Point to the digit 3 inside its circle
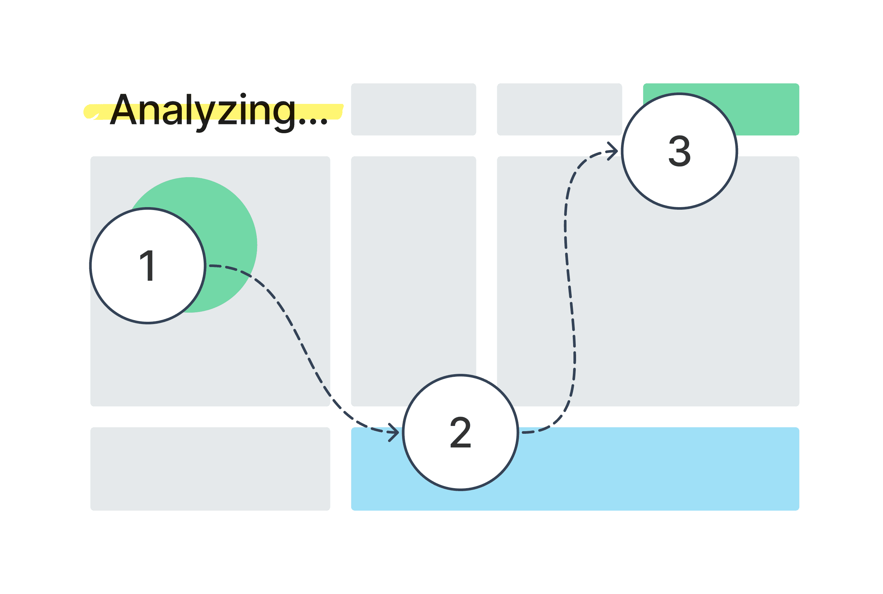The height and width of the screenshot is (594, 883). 679,151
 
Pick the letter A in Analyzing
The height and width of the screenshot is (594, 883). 123,110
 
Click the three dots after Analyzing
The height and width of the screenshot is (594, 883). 313,121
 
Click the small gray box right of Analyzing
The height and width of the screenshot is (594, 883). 413,109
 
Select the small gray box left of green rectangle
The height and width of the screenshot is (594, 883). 559,109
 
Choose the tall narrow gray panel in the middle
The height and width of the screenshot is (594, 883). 413,265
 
